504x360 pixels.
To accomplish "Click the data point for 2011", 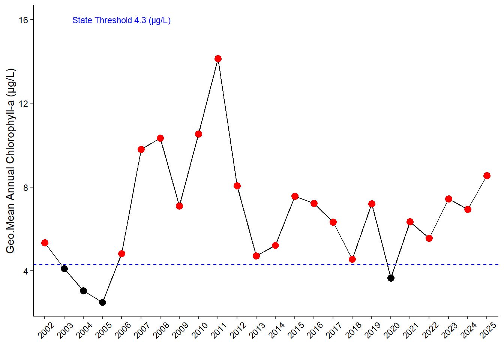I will (x=218, y=58).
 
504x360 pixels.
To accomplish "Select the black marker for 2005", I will (x=102, y=302).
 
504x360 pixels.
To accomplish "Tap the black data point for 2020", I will (x=391, y=278).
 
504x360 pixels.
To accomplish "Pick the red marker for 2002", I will (x=45, y=243).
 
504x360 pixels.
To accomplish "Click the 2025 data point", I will (x=487, y=175).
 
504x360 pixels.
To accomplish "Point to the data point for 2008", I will (x=160, y=138).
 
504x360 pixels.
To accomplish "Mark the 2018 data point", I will (x=352, y=259).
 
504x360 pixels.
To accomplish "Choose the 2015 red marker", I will (x=295, y=196).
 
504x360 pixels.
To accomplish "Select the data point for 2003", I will (x=64, y=268).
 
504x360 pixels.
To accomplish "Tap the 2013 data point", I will (x=256, y=256).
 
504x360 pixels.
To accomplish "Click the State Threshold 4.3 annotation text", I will (x=121, y=20).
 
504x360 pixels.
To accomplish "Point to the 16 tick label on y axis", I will (x=24, y=20).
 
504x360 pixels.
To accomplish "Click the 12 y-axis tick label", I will (x=24, y=103).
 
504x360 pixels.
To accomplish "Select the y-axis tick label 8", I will (x=25, y=187).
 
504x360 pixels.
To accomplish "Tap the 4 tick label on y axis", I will (x=25, y=271).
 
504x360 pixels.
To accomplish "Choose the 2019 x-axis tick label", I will (x=372, y=330).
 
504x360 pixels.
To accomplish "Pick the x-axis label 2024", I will (x=468, y=330).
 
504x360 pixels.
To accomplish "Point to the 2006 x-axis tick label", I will (x=123, y=330).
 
